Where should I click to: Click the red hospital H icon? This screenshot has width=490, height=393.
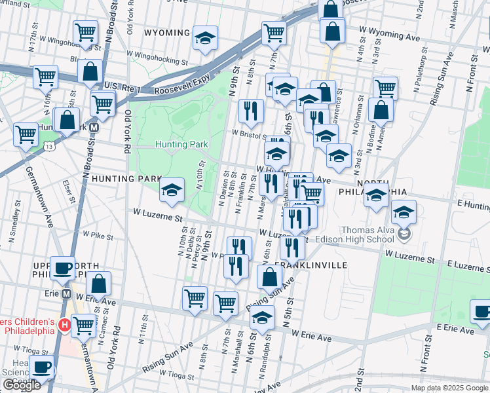64,325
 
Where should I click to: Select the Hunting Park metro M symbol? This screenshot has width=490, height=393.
94,128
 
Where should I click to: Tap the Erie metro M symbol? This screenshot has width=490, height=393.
66,293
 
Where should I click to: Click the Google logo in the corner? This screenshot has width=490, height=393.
22,385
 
